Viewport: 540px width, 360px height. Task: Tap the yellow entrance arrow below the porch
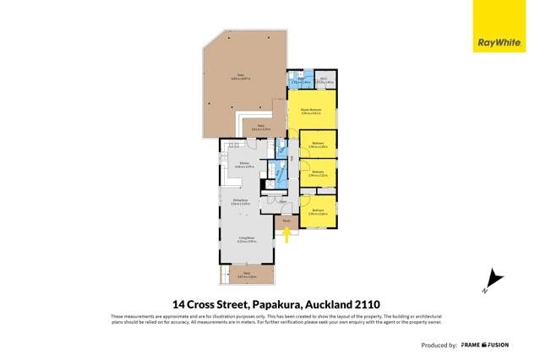[287, 235]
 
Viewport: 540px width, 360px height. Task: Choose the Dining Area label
[240, 201]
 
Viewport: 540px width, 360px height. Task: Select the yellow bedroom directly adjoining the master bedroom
[318, 144]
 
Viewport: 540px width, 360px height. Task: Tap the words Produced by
[440, 345]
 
